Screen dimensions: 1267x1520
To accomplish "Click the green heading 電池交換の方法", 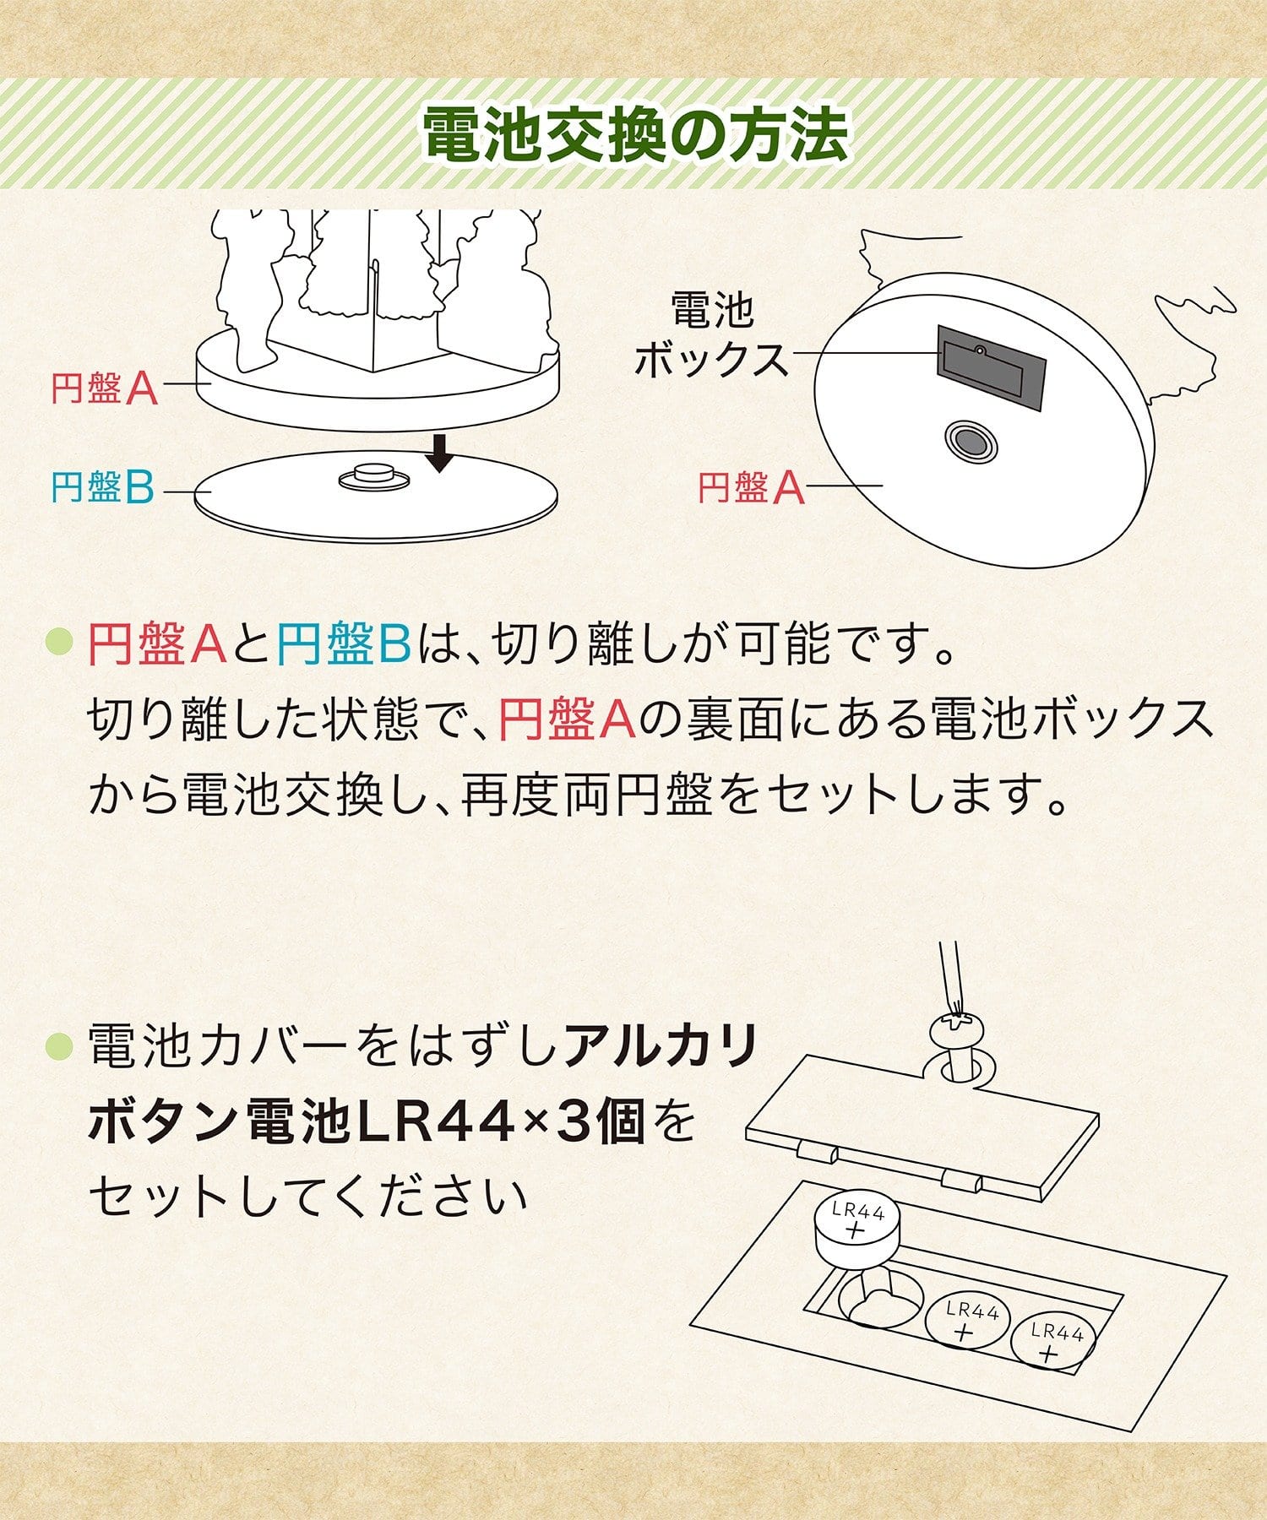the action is click(x=635, y=134).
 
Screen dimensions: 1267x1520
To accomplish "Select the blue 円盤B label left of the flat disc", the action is click(x=102, y=487).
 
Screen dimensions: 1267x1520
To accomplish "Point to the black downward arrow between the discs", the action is click(x=439, y=453).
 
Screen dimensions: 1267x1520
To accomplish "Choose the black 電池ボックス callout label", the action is click(x=711, y=335).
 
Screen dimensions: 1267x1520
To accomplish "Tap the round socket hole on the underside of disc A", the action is click(x=971, y=441).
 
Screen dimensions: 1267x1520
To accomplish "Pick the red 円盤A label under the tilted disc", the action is click(x=752, y=487).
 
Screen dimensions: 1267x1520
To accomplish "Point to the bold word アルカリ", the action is click(x=661, y=1047).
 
